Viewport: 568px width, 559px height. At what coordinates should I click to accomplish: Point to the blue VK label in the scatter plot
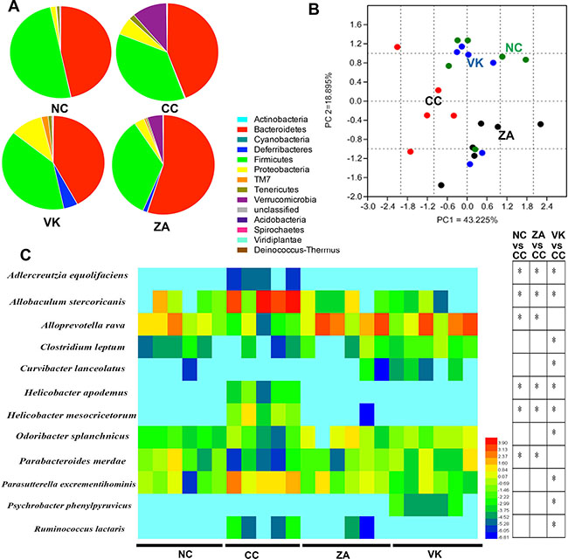[474, 63]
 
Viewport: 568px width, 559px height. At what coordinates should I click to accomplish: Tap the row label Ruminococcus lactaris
[73, 528]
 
